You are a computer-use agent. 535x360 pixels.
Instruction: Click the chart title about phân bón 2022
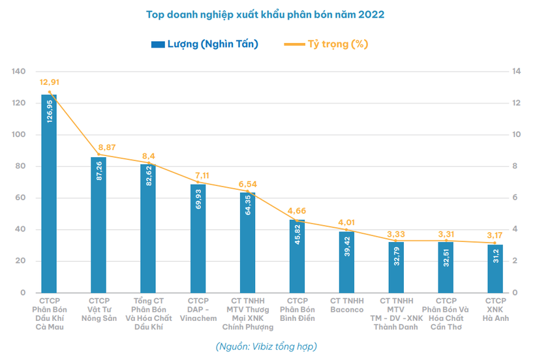coord(267,13)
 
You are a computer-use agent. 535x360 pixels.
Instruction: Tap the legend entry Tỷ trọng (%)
coord(327,44)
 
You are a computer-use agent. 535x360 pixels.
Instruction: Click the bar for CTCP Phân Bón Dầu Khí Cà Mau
coord(49,196)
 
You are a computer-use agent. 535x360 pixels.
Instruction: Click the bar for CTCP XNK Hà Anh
coord(495,269)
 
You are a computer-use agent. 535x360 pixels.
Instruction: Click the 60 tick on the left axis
coord(20,198)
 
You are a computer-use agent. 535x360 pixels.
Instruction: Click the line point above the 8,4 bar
coord(148,163)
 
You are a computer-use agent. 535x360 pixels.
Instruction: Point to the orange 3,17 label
coord(496,235)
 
